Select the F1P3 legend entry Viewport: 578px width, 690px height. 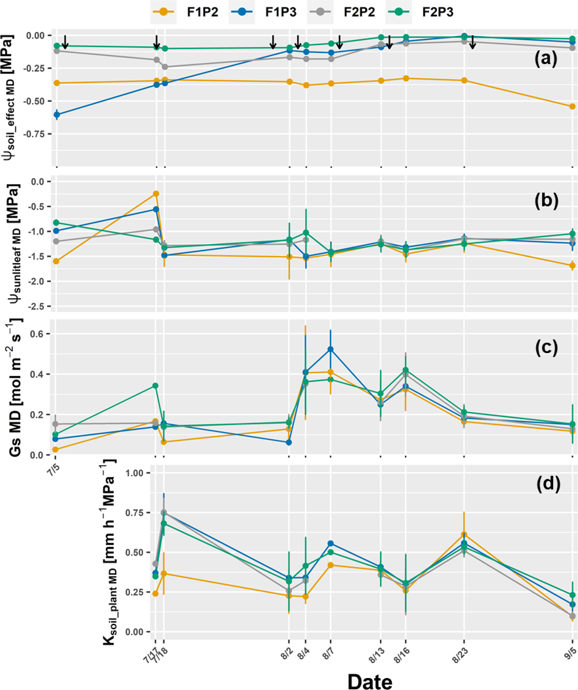(x=267, y=12)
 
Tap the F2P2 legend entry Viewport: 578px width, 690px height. (x=346, y=12)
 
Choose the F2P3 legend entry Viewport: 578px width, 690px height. (x=424, y=12)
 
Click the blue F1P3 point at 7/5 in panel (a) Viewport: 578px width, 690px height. (x=56, y=115)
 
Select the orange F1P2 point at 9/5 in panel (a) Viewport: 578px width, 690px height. (x=572, y=106)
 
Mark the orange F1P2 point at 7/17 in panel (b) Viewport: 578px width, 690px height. (x=156, y=194)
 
